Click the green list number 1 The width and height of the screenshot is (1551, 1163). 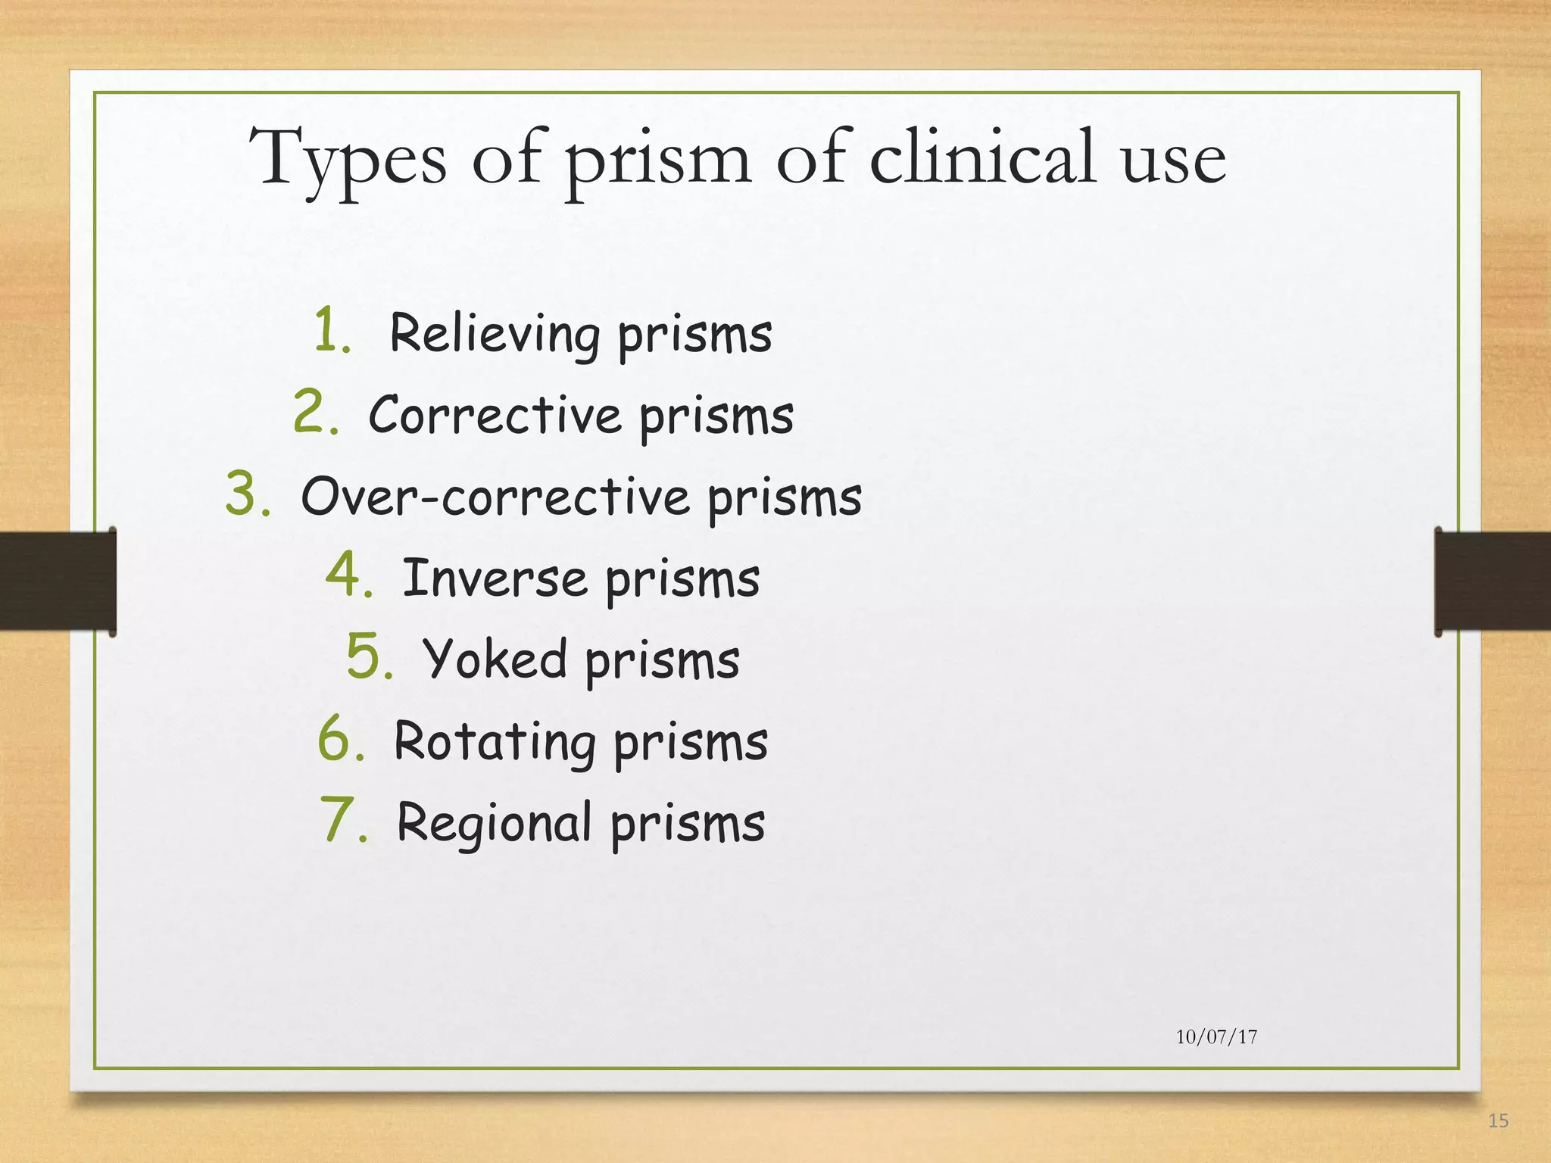click(x=332, y=330)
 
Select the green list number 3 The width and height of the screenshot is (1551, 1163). click(x=248, y=494)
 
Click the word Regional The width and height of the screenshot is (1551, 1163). click(x=495, y=823)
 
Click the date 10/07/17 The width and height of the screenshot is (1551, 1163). click(x=1216, y=1037)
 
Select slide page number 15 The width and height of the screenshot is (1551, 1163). click(x=1498, y=1121)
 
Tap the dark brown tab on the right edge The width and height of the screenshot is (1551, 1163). click(x=1492, y=581)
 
